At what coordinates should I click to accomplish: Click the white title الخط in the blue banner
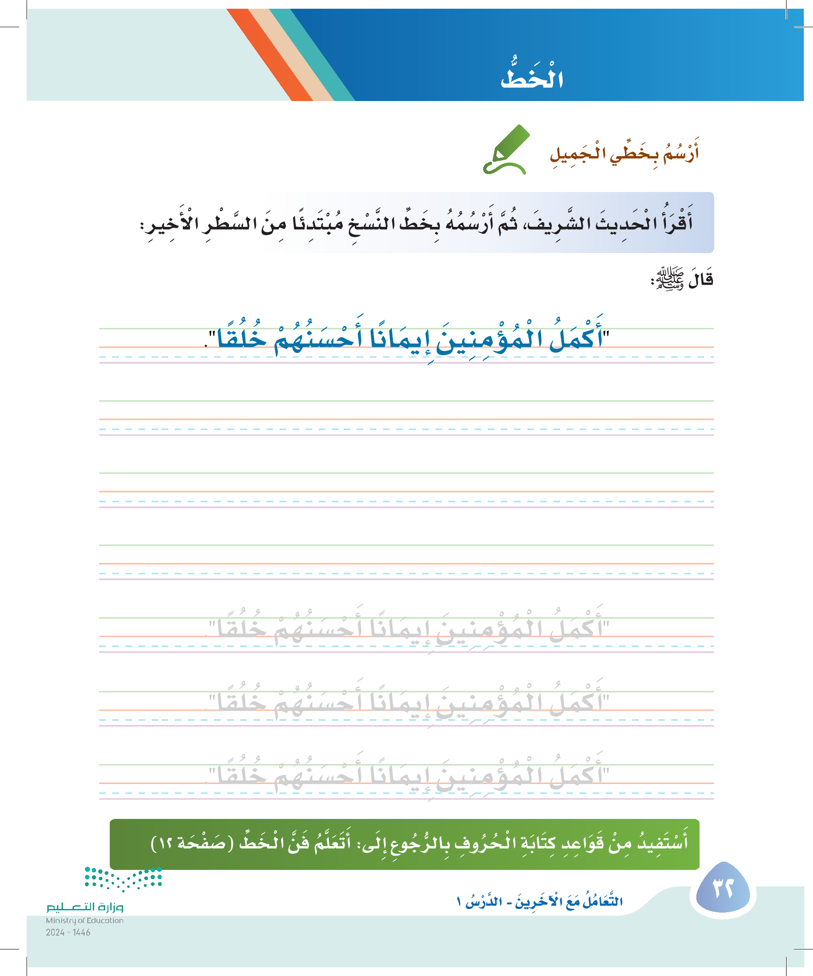532,78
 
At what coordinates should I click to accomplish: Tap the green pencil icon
506,150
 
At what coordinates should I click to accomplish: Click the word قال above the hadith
700,279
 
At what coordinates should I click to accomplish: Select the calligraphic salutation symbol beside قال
667,279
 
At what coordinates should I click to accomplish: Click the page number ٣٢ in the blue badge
723,888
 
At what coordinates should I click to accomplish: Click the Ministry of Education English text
85,920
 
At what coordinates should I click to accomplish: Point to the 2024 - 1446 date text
68,932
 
